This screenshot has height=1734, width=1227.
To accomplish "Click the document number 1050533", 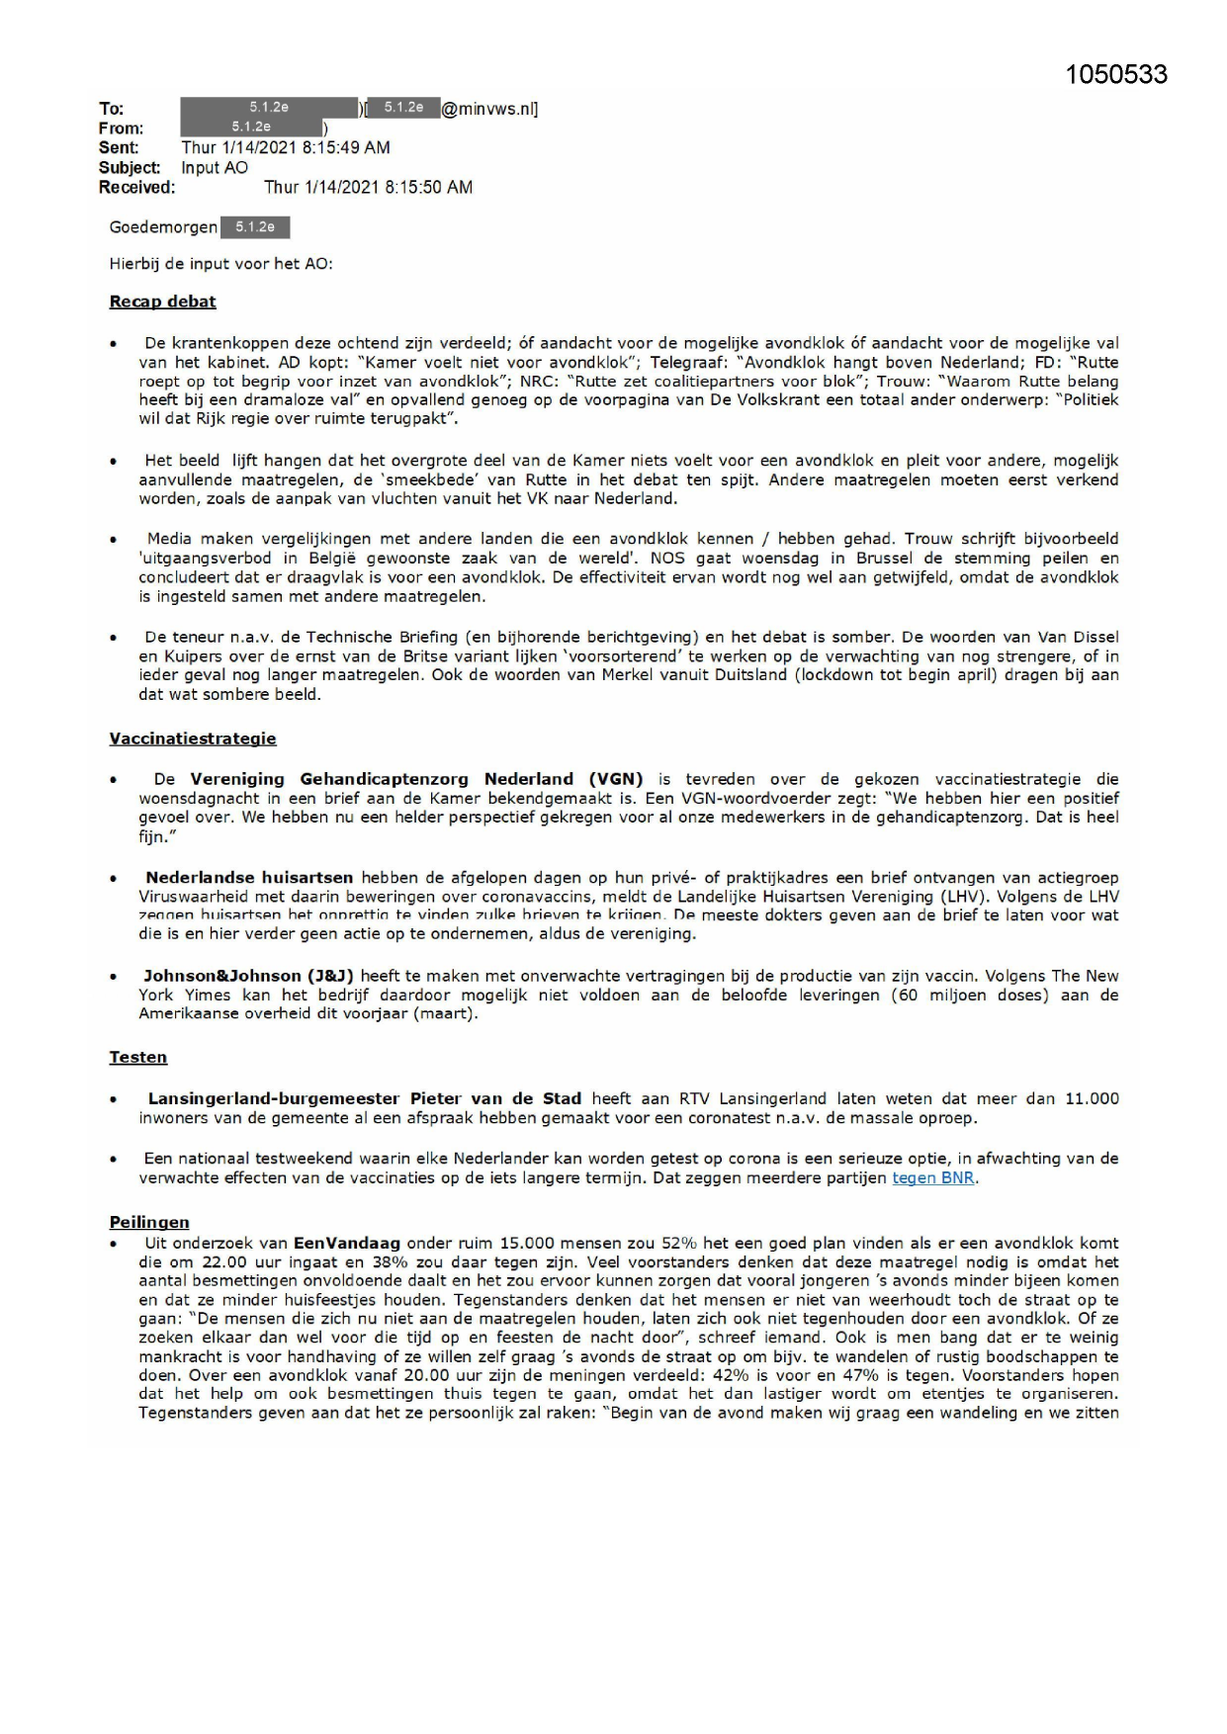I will coord(1116,75).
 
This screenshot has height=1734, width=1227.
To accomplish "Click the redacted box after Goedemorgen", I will coord(255,227).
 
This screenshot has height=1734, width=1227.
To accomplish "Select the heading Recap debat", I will coord(162,302).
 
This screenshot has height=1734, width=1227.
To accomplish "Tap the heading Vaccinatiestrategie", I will coord(193,738).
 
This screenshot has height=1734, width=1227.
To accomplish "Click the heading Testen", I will coord(138,1057).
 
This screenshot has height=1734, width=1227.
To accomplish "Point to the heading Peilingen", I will coord(149,1222).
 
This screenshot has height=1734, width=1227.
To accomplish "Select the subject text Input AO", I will coord(215,167).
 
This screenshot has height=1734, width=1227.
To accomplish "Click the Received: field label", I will coord(136,187).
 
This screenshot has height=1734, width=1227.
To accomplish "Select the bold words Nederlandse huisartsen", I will coord(249,877).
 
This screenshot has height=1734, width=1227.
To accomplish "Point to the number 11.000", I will coord(1092,1098).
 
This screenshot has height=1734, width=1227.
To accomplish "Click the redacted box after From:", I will coord(251,128).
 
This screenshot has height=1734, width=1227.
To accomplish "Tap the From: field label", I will coord(121,128).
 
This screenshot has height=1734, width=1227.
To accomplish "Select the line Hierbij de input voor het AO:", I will coord(221,263).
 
